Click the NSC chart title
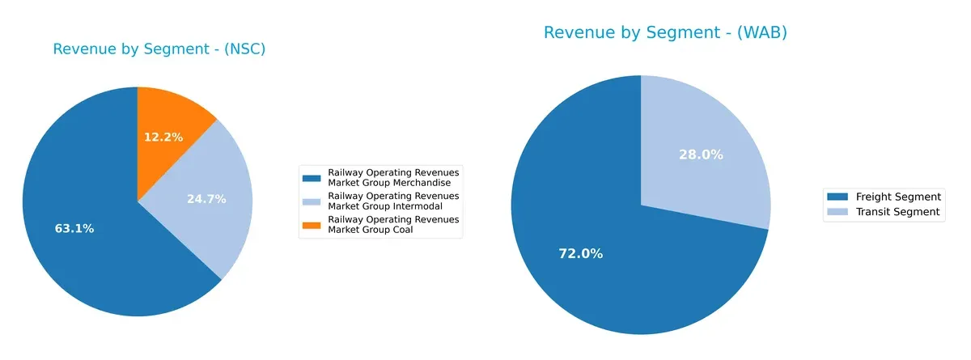[159, 49]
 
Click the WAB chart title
[665, 33]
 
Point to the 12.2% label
[163, 138]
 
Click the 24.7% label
[206, 199]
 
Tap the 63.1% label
[74, 229]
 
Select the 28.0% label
[701, 155]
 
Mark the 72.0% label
[581, 254]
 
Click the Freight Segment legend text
[898, 197]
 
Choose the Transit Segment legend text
[897, 212]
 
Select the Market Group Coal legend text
[375, 231]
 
